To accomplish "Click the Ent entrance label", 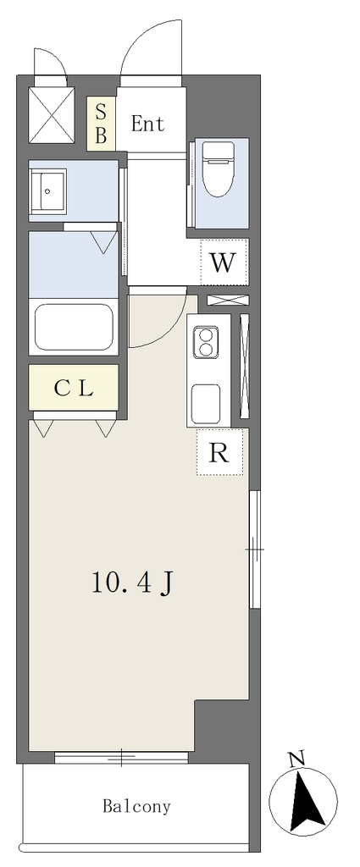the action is click(x=147, y=124).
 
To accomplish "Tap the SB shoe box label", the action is click(x=101, y=124).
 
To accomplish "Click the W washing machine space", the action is click(x=223, y=262).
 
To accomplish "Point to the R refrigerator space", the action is click(x=219, y=453).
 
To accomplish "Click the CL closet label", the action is click(x=74, y=389).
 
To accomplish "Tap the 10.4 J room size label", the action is click(x=133, y=583).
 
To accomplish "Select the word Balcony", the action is click(x=136, y=806).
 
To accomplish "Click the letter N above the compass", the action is click(x=297, y=760).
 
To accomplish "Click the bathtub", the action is click(x=74, y=327).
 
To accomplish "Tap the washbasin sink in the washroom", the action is click(x=47, y=191).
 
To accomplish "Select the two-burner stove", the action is click(x=206, y=341).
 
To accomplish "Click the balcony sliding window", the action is click(x=122, y=758).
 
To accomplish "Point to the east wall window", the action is click(x=255, y=549).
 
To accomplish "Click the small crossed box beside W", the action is click(x=228, y=301).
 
